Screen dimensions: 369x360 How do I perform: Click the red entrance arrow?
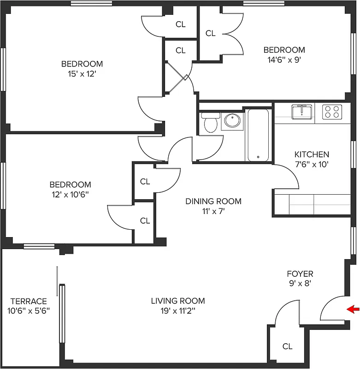tap(353, 309)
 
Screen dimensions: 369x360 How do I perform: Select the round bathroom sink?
tap(232, 121)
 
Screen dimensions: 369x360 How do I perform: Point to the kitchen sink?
tap(301, 112)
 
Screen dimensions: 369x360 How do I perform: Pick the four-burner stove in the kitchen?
tap(332, 112)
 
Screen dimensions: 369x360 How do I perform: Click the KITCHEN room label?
tap(312, 155)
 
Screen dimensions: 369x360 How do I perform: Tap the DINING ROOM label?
tap(213, 201)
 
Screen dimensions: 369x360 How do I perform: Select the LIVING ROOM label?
tap(178, 301)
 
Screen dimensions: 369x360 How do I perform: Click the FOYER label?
tap(300, 274)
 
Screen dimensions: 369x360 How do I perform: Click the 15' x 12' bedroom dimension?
tap(82, 74)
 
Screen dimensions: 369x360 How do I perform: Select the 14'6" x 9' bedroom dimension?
tap(284, 60)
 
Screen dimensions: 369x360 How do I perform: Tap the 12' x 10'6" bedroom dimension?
tap(70, 194)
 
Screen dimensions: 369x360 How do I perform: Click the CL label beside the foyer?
tap(287, 346)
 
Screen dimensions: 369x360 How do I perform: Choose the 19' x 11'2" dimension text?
tap(178, 311)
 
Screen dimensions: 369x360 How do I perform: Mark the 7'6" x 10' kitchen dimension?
tap(312, 164)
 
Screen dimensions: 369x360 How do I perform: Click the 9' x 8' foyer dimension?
tap(300, 284)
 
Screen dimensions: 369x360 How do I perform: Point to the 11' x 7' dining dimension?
tap(213, 211)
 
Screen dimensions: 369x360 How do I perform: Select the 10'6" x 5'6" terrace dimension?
tap(29, 311)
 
